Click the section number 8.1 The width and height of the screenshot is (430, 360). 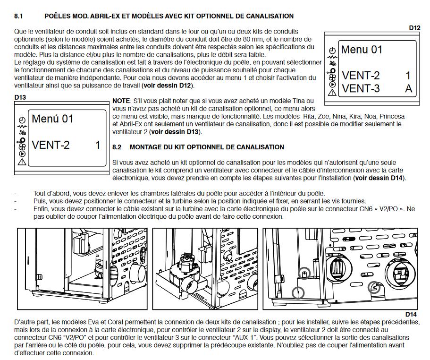pyautogui.click(x=18, y=16)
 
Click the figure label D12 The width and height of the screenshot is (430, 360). pyautogui.click(x=414, y=28)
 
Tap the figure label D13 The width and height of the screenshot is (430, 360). pyautogui.click(x=20, y=97)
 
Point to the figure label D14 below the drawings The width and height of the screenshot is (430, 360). pyautogui.click(x=411, y=314)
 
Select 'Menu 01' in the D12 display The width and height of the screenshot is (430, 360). pyautogui.click(x=362, y=50)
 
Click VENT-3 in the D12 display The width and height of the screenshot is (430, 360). pyautogui.click(x=361, y=89)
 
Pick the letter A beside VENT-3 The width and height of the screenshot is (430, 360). pyautogui.click(x=408, y=89)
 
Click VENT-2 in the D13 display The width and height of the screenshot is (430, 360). pyautogui.click(x=51, y=145)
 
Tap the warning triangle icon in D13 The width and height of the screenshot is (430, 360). pyautogui.click(x=22, y=162)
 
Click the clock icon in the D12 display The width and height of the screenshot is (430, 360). pyautogui.click(x=332, y=51)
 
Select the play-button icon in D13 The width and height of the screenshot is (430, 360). pyautogui.click(x=22, y=154)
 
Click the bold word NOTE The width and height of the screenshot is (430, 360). pyautogui.click(x=121, y=101)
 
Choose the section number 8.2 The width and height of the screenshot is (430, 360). pyautogui.click(x=117, y=147)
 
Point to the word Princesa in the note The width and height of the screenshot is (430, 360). pyautogui.click(x=392, y=116)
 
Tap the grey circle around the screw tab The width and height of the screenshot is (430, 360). pyautogui.click(x=304, y=273)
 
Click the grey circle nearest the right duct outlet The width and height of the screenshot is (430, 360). pyautogui.click(x=374, y=287)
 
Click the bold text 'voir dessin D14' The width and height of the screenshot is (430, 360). pyautogui.click(x=379, y=178)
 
